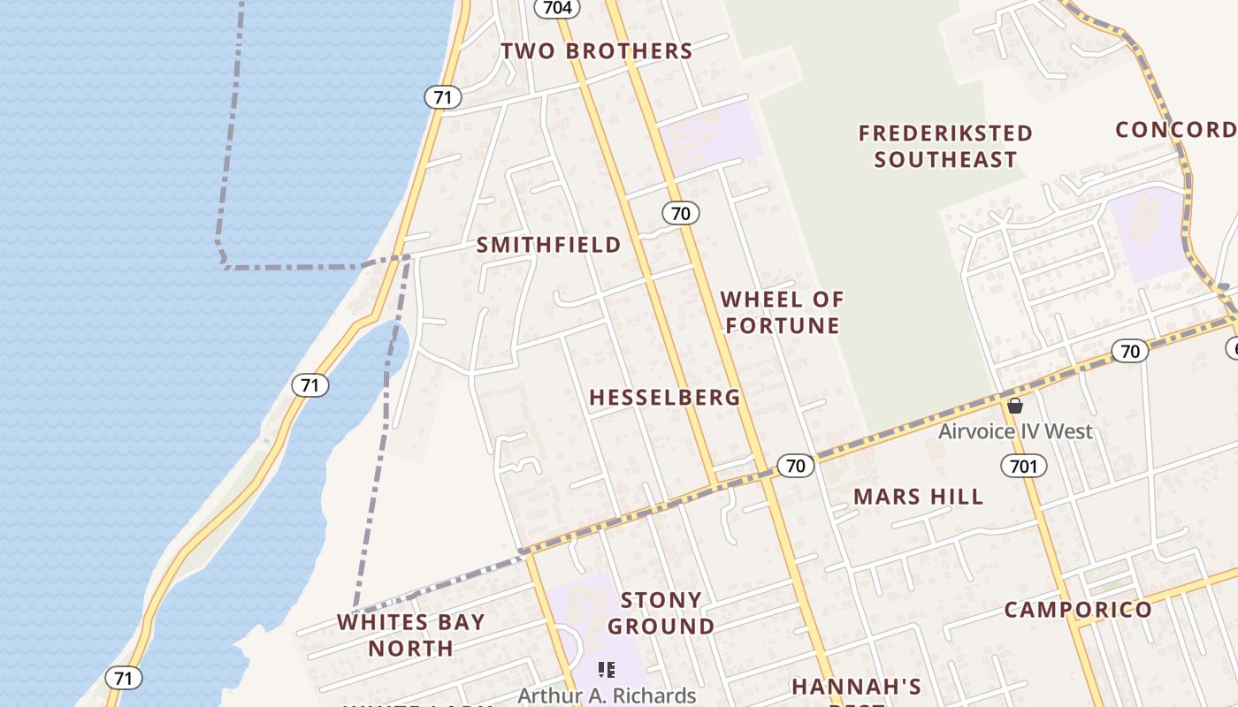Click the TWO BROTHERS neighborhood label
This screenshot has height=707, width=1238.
[597, 51]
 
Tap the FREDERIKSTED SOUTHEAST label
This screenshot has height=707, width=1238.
[945, 147]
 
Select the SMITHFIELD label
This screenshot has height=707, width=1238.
[549, 245]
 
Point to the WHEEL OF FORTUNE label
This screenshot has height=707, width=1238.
[782, 312]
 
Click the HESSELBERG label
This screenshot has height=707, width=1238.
[665, 398]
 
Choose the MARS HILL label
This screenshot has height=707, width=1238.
[918, 497]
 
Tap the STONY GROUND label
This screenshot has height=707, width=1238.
[661, 613]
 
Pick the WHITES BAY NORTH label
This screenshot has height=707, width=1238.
[411, 635]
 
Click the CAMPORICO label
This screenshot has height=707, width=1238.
[1078, 610]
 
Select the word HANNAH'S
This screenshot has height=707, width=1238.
[856, 687]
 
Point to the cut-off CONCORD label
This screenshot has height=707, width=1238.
[1176, 130]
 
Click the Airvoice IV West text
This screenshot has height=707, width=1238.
[1015, 431]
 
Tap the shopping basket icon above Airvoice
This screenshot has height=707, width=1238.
[1015, 406]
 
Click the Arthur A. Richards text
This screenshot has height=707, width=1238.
[607, 696]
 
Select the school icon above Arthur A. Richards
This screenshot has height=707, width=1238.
[607, 670]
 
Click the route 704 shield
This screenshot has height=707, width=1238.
[557, 8]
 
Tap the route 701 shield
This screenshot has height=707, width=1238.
[1024, 465]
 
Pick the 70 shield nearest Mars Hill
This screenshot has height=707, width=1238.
[796, 466]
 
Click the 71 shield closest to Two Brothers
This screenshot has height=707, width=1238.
[442, 96]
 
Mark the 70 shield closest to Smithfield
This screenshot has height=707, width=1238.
[680, 213]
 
